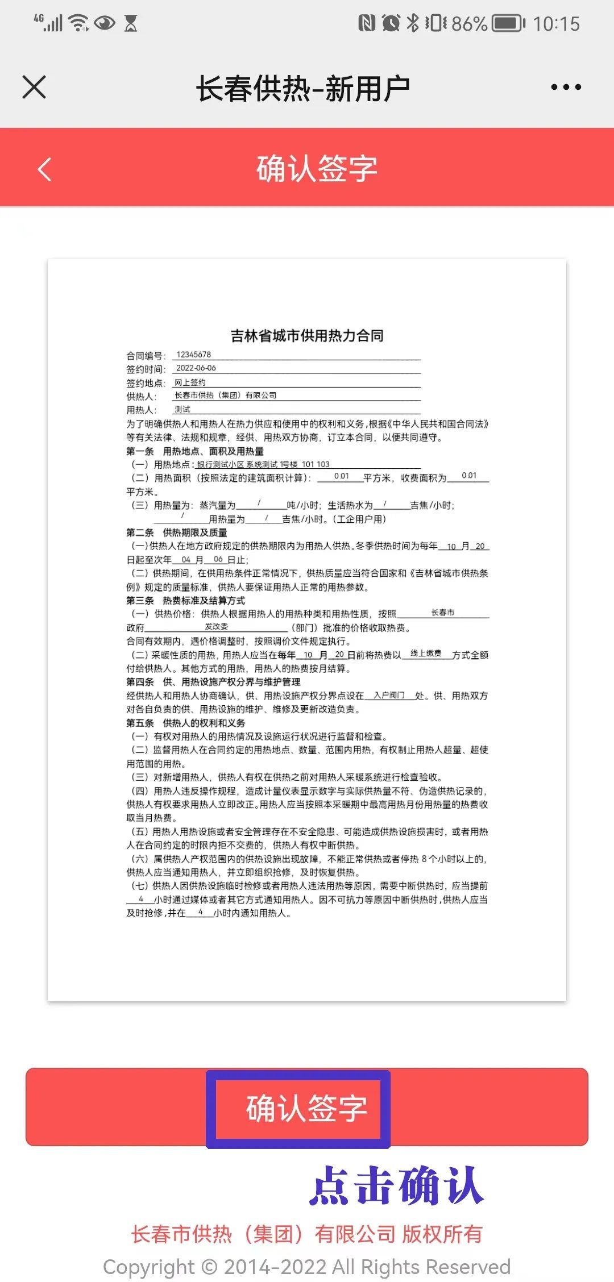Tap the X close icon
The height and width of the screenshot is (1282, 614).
pyautogui.click(x=34, y=88)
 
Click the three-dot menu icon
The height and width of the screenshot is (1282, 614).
pyautogui.click(x=566, y=88)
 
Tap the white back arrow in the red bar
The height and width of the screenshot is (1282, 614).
pyautogui.click(x=44, y=169)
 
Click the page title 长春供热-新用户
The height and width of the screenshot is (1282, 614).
pyautogui.click(x=303, y=89)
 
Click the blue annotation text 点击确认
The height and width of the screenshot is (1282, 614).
pyautogui.click(x=397, y=1186)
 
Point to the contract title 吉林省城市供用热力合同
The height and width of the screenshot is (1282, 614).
pyautogui.click(x=306, y=336)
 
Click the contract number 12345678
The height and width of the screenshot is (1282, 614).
pyautogui.click(x=193, y=355)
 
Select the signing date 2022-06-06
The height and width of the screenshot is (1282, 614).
pyautogui.click(x=196, y=368)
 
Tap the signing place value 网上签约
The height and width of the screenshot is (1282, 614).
pyautogui.click(x=190, y=382)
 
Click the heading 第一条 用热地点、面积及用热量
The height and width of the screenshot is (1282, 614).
pyautogui.click(x=195, y=451)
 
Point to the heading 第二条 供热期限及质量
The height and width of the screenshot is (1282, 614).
pyautogui.click(x=177, y=532)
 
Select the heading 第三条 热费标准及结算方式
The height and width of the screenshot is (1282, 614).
pyautogui.click(x=186, y=601)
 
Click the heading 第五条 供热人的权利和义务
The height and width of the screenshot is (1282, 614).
pyautogui.click(x=186, y=723)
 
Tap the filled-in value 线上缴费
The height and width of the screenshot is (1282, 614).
pyautogui.click(x=426, y=654)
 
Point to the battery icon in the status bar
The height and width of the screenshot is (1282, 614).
pyautogui.click(x=508, y=23)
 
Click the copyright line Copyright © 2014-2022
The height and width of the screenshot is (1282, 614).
pyautogui.click(x=306, y=1267)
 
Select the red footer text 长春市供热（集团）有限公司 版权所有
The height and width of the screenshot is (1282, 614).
pyautogui.click(x=306, y=1234)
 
